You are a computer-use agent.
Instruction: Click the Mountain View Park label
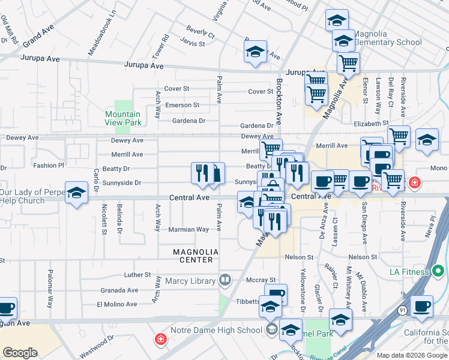(x=122, y=118)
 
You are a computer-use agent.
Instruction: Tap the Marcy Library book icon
(x=225, y=280)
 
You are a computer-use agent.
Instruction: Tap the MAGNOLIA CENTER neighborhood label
(x=193, y=256)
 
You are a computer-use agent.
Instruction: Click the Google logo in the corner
(x=20, y=353)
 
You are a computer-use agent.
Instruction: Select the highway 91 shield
(x=402, y=310)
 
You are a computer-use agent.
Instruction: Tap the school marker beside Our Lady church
(x=76, y=193)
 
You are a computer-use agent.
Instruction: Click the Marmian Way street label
(x=188, y=229)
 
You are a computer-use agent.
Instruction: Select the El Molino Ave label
(x=117, y=304)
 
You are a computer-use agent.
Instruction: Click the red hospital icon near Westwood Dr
(x=160, y=340)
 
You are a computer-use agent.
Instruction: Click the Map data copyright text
(x=411, y=355)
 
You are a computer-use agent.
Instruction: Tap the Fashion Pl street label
(x=48, y=165)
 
